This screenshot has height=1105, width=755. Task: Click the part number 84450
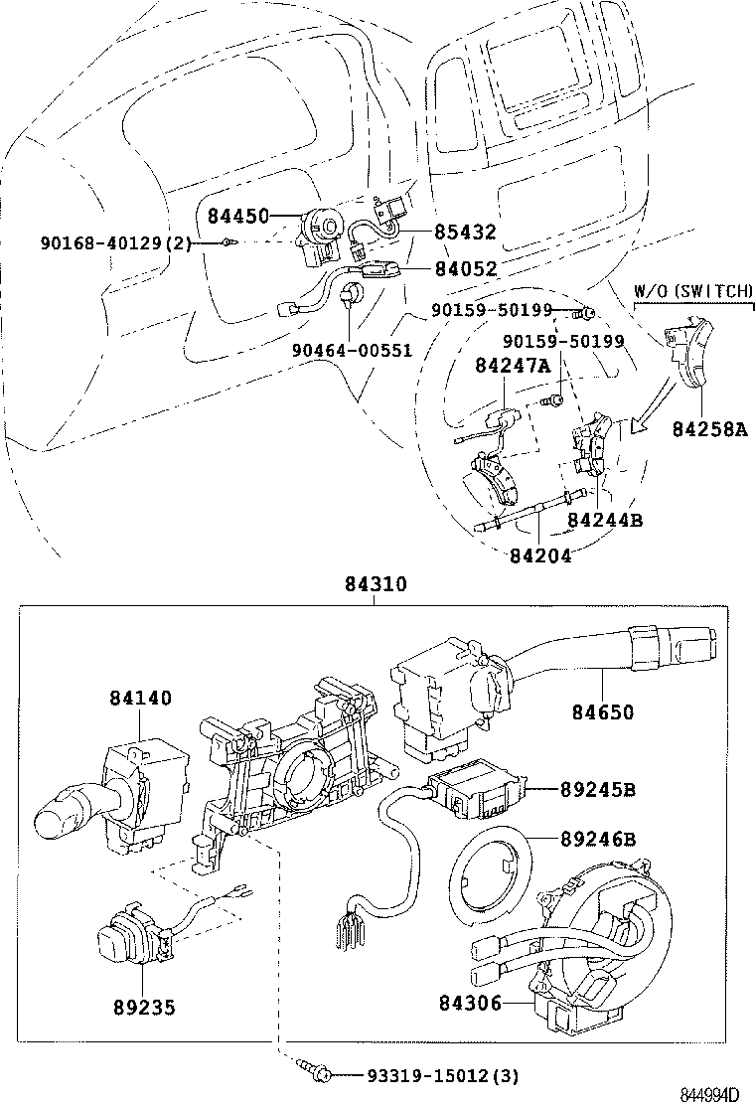pyautogui.click(x=238, y=215)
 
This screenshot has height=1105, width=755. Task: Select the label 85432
pyautogui.click(x=465, y=233)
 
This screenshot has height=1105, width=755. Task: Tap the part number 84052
pyautogui.click(x=465, y=268)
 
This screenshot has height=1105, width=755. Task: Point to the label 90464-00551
pyautogui.click(x=352, y=350)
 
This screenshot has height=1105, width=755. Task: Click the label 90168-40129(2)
pyautogui.click(x=116, y=242)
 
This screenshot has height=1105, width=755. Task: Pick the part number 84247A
pyautogui.click(x=513, y=366)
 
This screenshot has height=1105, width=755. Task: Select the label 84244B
pyautogui.click(x=605, y=519)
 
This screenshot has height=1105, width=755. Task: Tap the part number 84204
pyautogui.click(x=540, y=555)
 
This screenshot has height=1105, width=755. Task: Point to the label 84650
pyautogui.click(x=602, y=711)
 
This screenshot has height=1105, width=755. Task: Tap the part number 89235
pyautogui.click(x=143, y=1008)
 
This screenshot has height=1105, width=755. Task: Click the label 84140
pyautogui.click(x=139, y=699)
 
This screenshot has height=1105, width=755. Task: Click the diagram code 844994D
pyautogui.click(x=709, y=1094)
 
